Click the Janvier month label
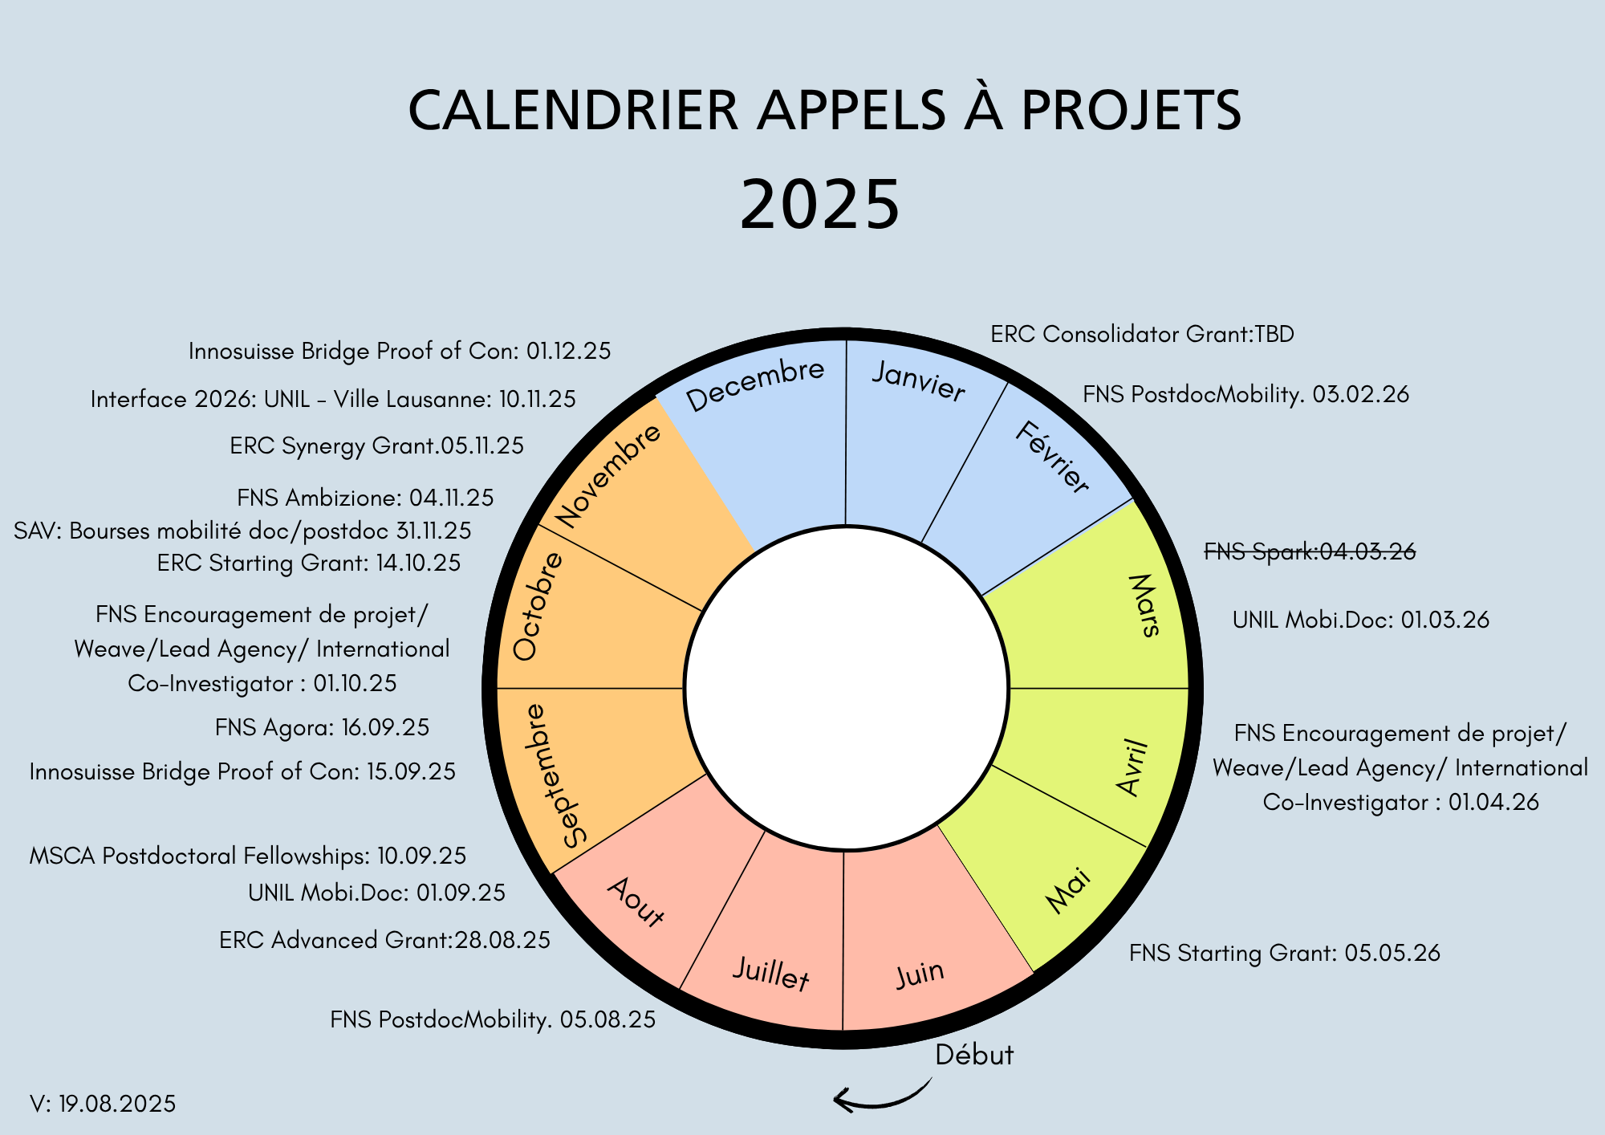point(919,380)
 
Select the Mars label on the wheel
point(1145,606)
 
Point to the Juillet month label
point(770,974)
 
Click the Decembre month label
point(755,384)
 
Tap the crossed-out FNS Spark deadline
point(1310,551)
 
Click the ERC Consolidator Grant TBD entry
point(1142,334)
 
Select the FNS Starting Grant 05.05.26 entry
point(1284,953)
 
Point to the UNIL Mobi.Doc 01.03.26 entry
point(1360,620)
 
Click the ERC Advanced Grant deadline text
point(384,940)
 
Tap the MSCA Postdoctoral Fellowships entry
point(247,856)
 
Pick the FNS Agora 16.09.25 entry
point(322,727)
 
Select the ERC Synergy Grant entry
point(376,445)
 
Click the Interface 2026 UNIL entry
point(333,399)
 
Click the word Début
point(974,1054)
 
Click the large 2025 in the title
point(819,205)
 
